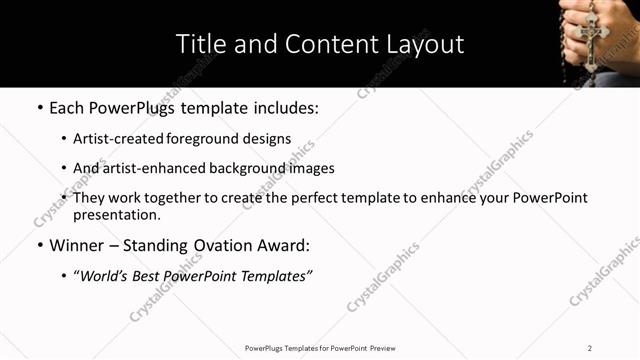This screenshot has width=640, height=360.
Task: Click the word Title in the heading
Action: click(200, 44)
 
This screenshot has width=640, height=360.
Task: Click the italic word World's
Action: click(107, 276)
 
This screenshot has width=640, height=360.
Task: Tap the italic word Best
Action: click(157, 276)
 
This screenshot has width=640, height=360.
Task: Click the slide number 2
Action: click(590, 348)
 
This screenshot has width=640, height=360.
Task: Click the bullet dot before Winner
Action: click(39, 245)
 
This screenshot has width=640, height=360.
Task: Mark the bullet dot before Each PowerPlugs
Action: click(39, 106)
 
